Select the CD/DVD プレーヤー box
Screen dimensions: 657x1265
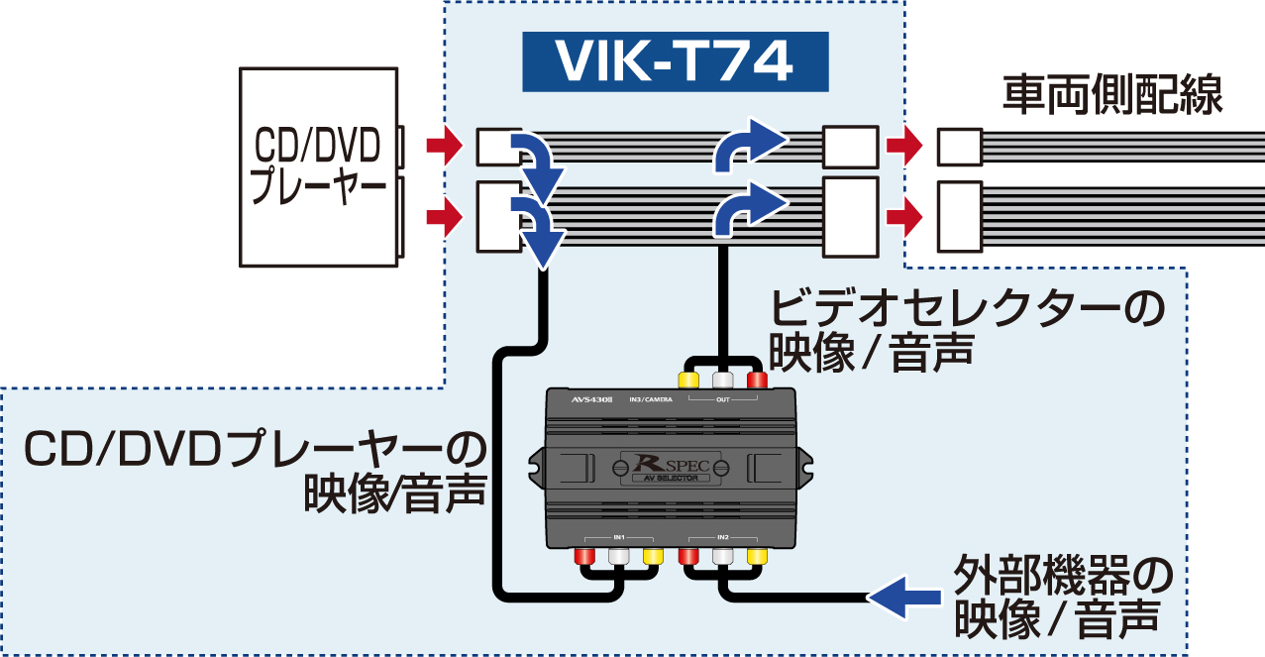(317, 165)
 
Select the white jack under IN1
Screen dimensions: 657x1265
(619, 557)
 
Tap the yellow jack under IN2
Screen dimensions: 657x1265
(757, 557)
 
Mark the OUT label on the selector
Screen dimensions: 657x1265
(722, 400)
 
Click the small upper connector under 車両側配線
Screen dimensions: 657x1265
(959, 148)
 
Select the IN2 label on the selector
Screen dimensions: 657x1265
(722, 536)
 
